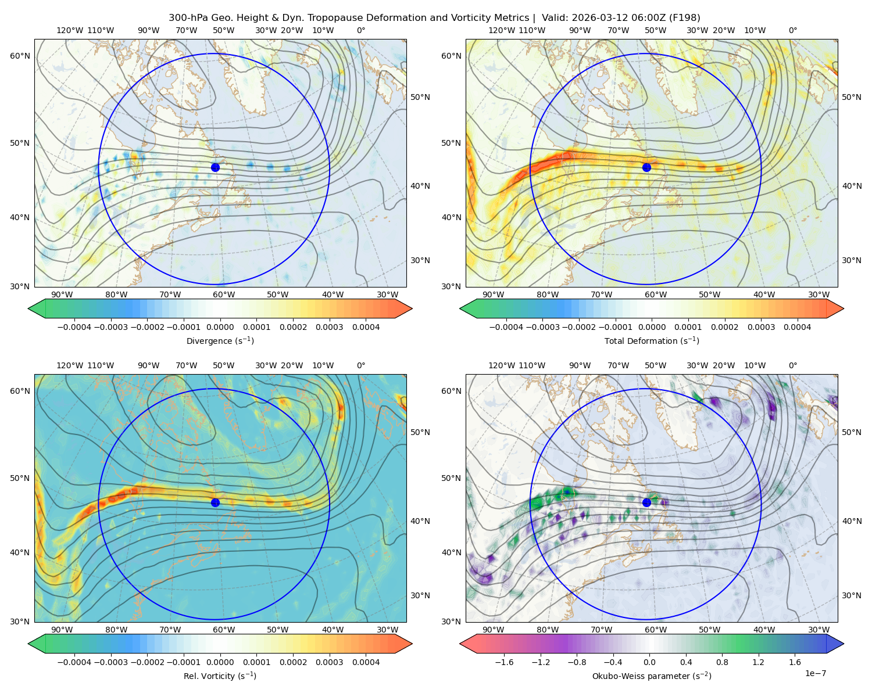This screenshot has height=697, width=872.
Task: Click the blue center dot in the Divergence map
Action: point(215,167)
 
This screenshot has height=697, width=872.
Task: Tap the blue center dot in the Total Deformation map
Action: point(646,167)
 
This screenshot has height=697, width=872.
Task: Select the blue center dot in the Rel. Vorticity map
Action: point(215,502)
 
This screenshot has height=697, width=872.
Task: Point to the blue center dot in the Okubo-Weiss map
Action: point(646,502)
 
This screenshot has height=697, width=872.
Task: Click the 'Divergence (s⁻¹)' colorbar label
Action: point(220,340)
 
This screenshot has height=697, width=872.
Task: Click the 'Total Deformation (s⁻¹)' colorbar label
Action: point(652,340)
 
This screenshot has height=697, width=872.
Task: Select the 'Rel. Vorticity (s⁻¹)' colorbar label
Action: point(220,676)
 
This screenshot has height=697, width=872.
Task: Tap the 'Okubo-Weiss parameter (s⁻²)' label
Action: point(652,676)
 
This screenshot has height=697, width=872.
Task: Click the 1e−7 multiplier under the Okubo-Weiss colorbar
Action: point(815,673)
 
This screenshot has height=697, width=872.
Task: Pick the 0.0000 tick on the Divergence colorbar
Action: point(220,327)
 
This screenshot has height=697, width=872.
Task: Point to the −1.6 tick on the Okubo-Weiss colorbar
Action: point(504,662)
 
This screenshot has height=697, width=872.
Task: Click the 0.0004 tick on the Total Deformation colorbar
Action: point(797,327)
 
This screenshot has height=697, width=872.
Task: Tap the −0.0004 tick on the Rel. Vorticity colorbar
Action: point(74,662)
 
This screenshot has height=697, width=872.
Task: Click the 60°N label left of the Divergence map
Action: point(20,56)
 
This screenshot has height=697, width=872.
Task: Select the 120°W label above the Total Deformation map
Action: point(501,30)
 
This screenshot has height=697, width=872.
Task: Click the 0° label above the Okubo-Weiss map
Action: point(792,365)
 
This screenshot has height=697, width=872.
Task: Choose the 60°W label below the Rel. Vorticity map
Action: point(224,630)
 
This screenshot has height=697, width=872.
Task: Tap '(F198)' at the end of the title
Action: point(684,17)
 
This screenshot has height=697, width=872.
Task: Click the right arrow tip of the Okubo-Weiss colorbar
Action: point(844,644)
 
